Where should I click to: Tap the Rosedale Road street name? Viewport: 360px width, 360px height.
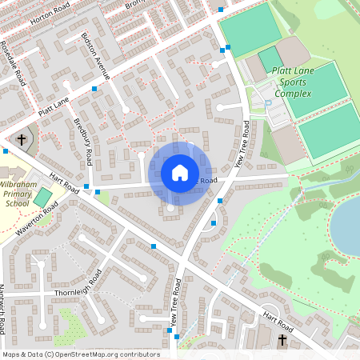click(x=13, y=61)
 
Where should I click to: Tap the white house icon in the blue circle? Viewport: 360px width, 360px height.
click(x=179, y=173)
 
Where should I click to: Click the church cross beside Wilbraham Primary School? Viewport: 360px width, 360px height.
click(x=22, y=139)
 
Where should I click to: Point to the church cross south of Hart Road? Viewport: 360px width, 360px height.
click(x=282, y=341)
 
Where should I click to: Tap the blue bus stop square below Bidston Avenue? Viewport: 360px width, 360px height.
click(x=94, y=89)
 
